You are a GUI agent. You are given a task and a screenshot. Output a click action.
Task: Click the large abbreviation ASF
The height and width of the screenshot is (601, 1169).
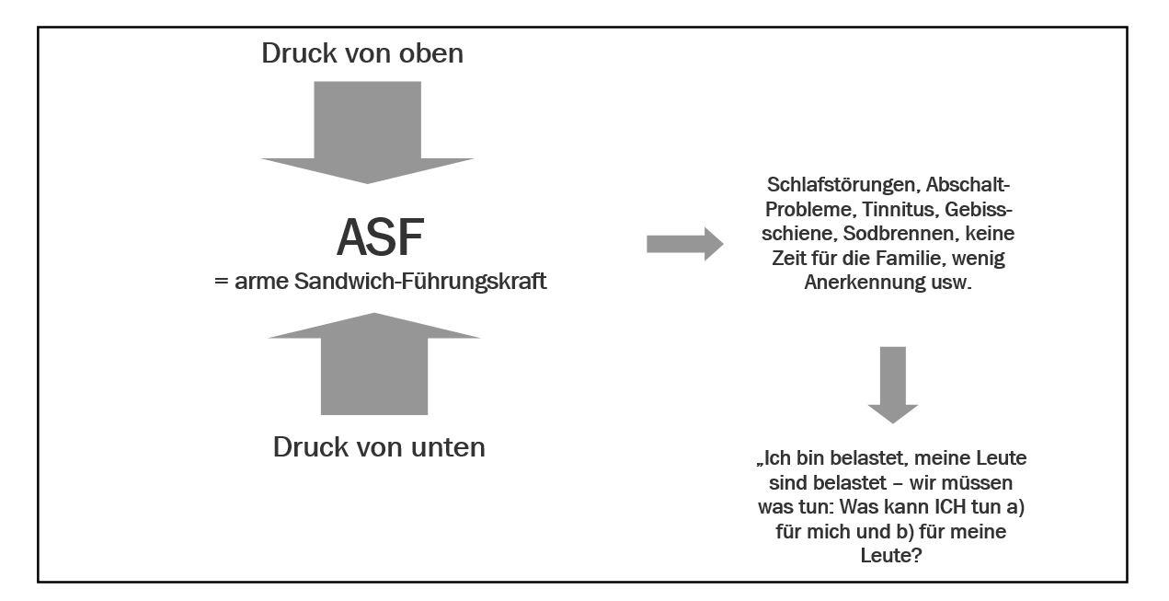coord(380,237)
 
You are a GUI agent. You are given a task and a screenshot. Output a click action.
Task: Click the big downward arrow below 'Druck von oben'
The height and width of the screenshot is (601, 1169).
coord(367,133)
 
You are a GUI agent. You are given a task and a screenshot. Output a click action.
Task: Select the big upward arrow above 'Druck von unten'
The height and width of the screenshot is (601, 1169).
coord(374,364)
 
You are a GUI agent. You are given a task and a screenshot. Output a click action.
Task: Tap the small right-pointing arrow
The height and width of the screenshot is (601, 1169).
coord(684,244)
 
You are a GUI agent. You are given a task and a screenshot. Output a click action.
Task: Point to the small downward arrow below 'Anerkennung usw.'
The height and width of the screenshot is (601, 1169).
coord(892,385)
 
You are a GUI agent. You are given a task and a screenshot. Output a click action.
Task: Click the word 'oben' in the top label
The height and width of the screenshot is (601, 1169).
coord(431,53)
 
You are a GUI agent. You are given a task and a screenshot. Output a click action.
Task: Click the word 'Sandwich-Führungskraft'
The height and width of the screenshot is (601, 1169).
coord(420,281)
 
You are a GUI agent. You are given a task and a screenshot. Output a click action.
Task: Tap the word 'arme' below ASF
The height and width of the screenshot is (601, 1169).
coord(261,282)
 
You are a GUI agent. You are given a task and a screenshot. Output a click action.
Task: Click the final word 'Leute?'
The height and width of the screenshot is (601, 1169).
coord(891,555)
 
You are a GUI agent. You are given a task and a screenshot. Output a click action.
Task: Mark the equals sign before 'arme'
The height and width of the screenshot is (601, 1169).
coord(222,282)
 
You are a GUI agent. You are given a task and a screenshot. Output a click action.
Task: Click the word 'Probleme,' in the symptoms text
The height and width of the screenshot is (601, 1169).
coord(810,210)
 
